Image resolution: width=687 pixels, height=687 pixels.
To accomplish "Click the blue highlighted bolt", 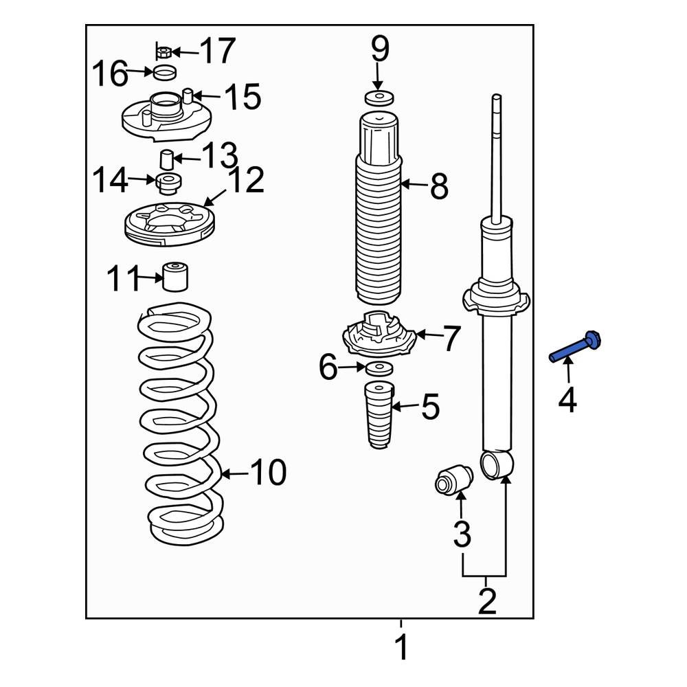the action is (x=575, y=347).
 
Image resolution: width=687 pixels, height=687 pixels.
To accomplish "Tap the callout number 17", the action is (x=218, y=51).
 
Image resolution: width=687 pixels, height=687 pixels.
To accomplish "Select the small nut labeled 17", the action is (x=163, y=52).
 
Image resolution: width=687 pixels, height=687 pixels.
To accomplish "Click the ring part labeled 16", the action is (x=165, y=73).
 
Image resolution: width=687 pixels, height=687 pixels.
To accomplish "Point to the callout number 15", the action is (x=243, y=96).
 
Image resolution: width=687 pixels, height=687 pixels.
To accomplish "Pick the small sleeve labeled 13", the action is (x=166, y=159).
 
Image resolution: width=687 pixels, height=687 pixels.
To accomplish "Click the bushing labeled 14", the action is (x=169, y=183).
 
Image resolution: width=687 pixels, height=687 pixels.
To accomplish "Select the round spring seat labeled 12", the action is (x=170, y=224).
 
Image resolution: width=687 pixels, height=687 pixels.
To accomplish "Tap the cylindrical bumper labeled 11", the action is (x=175, y=276).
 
